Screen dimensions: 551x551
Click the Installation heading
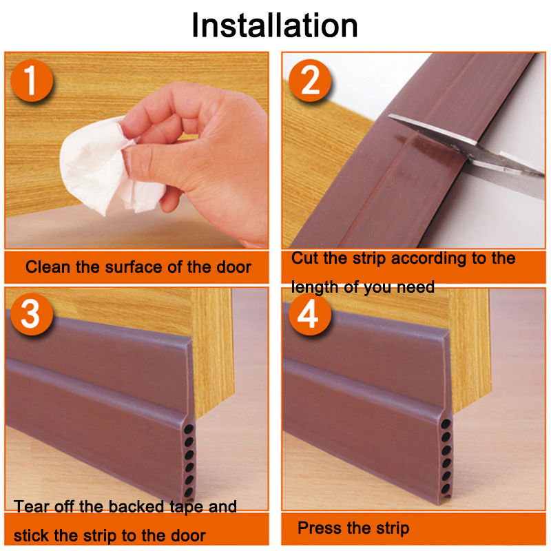click(275, 25)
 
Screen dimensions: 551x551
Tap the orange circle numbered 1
click(32, 81)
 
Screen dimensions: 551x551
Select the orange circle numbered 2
click(310, 81)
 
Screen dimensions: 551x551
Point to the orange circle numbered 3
click(32, 314)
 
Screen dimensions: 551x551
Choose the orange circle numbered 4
click(309, 314)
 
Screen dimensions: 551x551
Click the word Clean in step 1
click(48, 267)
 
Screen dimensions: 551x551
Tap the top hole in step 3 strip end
click(189, 429)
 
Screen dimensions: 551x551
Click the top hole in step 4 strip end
click(446, 424)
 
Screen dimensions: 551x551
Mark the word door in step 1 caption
click(233, 267)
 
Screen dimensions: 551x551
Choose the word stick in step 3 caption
click(32, 536)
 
